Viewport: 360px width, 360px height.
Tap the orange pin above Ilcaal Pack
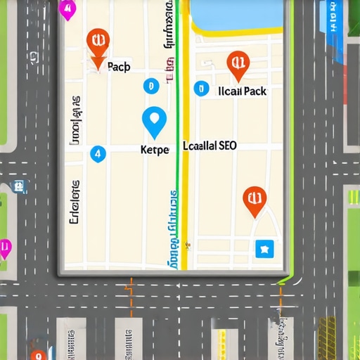[238, 65]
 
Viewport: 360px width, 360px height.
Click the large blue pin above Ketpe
[155, 122]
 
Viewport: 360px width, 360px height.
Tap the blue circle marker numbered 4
[98, 153]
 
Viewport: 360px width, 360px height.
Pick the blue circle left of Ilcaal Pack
[201, 89]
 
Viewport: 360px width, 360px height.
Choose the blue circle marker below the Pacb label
[149, 86]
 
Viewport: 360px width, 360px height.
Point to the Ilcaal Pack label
[243, 91]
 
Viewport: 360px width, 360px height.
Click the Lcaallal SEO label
[210, 146]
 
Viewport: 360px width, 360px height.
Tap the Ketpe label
[155, 150]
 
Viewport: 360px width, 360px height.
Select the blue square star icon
[264, 247]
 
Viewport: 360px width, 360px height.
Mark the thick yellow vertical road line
[184, 176]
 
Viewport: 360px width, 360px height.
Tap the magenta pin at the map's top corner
[67, 10]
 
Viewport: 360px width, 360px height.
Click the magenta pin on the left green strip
[5, 248]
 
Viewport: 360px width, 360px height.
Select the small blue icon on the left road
[20, 186]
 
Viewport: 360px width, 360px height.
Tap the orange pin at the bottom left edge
[39, 355]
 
